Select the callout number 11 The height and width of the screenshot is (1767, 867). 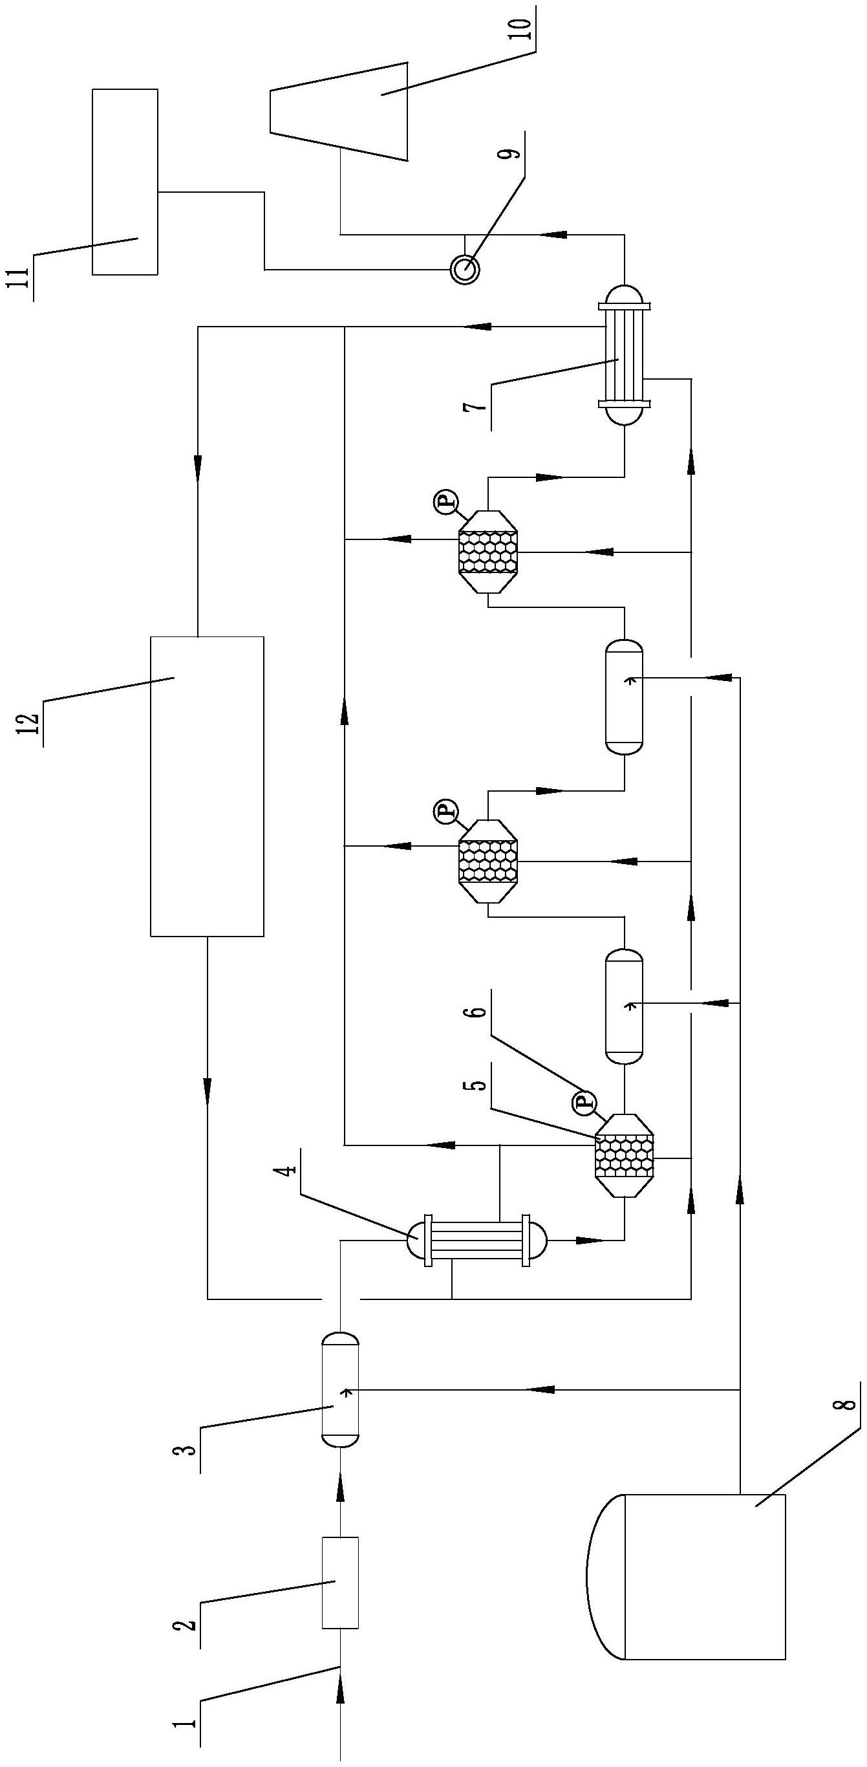pos(23,279)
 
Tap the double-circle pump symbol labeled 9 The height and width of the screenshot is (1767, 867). pos(464,269)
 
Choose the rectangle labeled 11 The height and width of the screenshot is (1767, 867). pos(125,182)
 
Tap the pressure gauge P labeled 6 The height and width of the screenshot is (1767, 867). pos(583,1101)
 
